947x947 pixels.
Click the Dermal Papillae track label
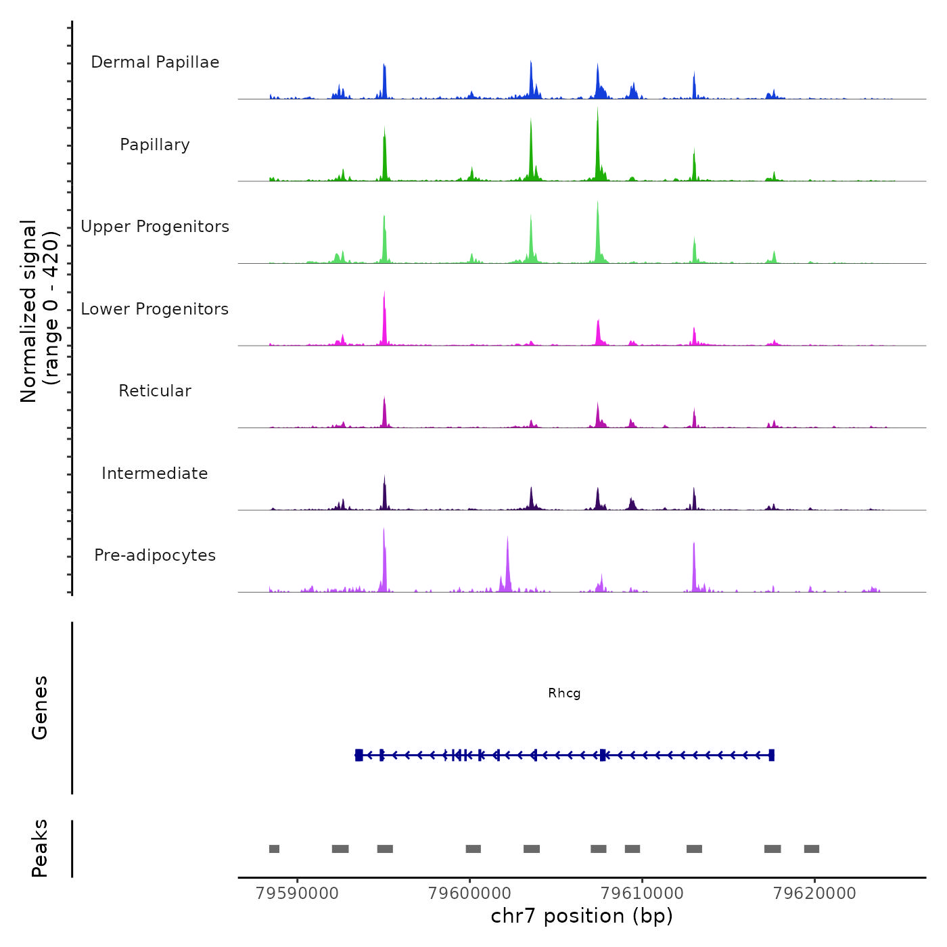coord(155,62)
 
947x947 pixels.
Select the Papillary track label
coord(155,145)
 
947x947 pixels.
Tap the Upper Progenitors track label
coord(155,227)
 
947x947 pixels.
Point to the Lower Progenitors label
coord(155,309)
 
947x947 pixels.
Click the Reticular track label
coord(155,391)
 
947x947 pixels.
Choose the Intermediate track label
coord(155,473)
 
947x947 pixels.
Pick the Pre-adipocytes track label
coord(155,555)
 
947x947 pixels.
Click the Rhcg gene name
coord(564,693)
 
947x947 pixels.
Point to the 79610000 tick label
coord(642,894)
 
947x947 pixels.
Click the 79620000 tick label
coord(814,894)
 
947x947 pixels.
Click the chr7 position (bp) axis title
coord(582,916)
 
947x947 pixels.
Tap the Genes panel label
coord(40,708)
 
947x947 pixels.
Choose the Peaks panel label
coord(40,848)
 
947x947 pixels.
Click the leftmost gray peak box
coord(274,849)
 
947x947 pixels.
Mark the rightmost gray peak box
coord(812,849)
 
